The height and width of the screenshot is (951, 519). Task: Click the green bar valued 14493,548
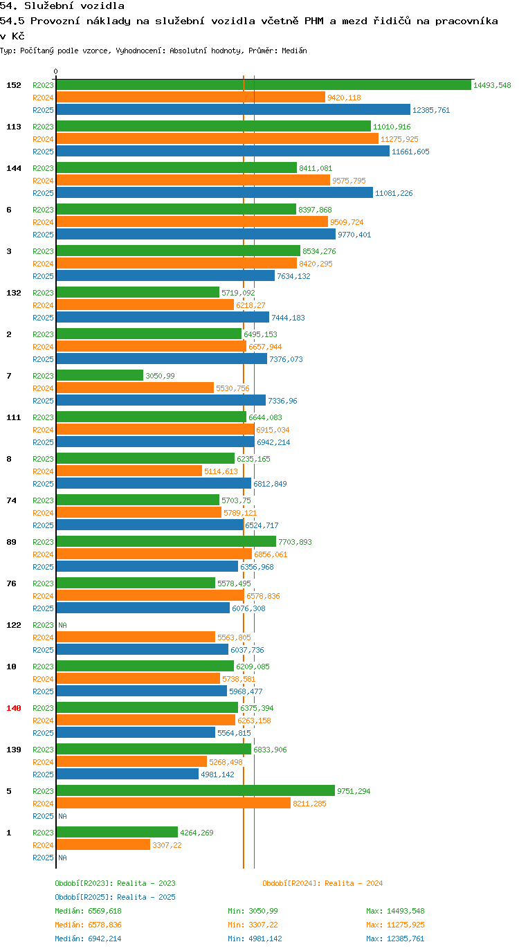pyautogui.click(x=264, y=85)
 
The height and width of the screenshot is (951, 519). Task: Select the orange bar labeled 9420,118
pyautogui.click(x=190, y=97)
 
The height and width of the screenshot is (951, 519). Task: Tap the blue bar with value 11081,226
pyautogui.click(x=215, y=192)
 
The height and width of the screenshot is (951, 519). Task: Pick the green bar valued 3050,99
pyautogui.click(x=100, y=375)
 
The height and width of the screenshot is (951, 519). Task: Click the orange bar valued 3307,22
pyautogui.click(x=103, y=844)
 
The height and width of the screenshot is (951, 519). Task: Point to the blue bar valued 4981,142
pyautogui.click(x=127, y=774)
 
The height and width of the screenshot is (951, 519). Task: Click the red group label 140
pyautogui.click(x=14, y=708)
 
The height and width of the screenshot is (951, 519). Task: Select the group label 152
pyautogui.click(x=14, y=85)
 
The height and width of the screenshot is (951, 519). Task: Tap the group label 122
pyautogui.click(x=14, y=625)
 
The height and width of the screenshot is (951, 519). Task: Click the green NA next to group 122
pyautogui.click(x=62, y=625)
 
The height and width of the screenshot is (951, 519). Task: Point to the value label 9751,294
pyautogui.click(x=354, y=791)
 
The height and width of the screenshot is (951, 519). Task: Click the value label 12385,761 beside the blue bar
pyautogui.click(x=431, y=110)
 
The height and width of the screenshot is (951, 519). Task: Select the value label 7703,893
pyautogui.click(x=295, y=542)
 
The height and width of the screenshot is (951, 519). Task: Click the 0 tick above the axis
pyautogui.click(x=55, y=71)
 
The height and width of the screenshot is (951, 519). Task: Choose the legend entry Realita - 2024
pyautogui.click(x=322, y=883)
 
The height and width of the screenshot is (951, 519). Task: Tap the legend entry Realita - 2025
pyautogui.click(x=115, y=897)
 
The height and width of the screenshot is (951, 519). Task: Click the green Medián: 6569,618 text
pyautogui.click(x=88, y=911)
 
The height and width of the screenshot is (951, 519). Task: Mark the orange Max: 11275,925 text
pyautogui.click(x=395, y=925)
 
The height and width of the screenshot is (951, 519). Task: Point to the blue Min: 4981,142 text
pyautogui.click(x=255, y=939)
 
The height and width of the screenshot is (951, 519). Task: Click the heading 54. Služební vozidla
pyautogui.click(x=62, y=6)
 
